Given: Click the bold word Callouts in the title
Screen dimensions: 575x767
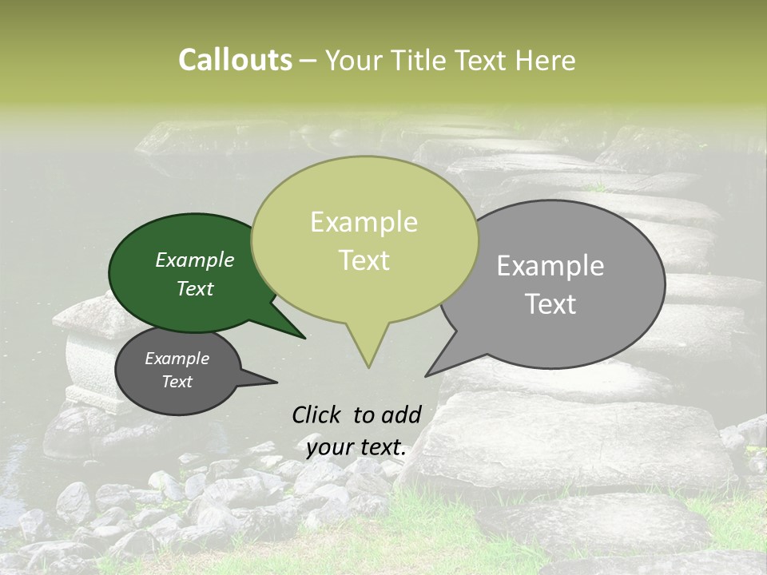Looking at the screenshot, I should pos(235,60).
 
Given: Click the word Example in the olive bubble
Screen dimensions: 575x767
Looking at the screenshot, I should pos(364,223).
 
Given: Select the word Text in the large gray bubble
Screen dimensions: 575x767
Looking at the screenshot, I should pos(550,304).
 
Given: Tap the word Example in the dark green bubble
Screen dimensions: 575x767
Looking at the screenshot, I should pos(194,260).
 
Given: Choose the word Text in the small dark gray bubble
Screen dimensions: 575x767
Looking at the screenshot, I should pos(177,382).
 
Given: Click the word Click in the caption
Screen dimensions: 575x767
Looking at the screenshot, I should pos(318,414).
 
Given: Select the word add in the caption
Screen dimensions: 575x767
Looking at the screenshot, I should pos(401,414).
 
